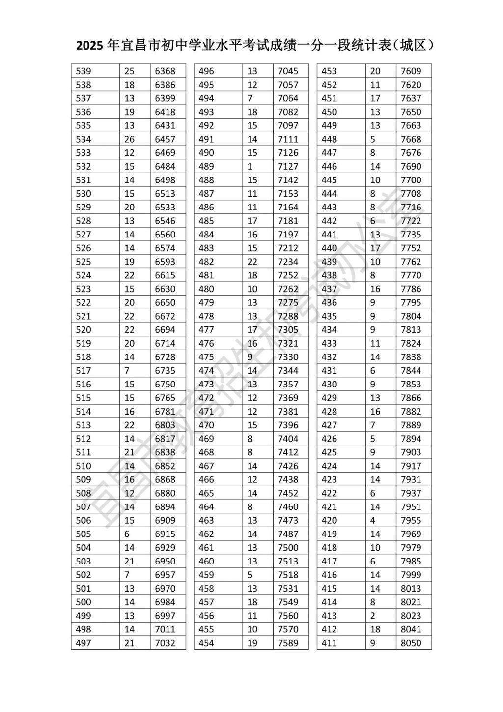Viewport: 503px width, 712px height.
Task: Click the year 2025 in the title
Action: coord(90,46)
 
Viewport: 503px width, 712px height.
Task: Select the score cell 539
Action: coord(84,71)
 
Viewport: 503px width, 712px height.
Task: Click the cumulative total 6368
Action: coord(165,71)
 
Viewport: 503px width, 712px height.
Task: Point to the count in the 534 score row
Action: coord(129,139)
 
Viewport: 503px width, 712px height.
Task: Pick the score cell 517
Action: coord(84,371)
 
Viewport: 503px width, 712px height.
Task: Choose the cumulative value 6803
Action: coord(165,425)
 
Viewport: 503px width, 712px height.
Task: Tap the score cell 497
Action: coord(84,643)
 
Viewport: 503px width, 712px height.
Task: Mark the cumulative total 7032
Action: coord(165,643)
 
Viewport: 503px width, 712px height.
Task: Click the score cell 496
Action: coord(206,71)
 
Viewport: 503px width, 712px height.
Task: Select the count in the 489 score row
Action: coord(250,166)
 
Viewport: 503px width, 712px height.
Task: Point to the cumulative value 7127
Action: coord(288,166)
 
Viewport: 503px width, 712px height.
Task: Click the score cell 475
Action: coord(206,357)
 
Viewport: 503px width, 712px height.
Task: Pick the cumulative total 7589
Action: coord(288,643)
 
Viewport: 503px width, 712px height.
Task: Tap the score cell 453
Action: coord(329,71)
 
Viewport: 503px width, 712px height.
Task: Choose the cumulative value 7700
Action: coord(411,180)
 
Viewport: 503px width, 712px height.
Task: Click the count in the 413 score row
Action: coord(373,616)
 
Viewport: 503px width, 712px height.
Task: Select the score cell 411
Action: coord(329,643)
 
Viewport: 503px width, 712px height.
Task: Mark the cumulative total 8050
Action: coord(411,643)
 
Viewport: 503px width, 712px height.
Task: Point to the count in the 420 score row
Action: coord(373,520)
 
